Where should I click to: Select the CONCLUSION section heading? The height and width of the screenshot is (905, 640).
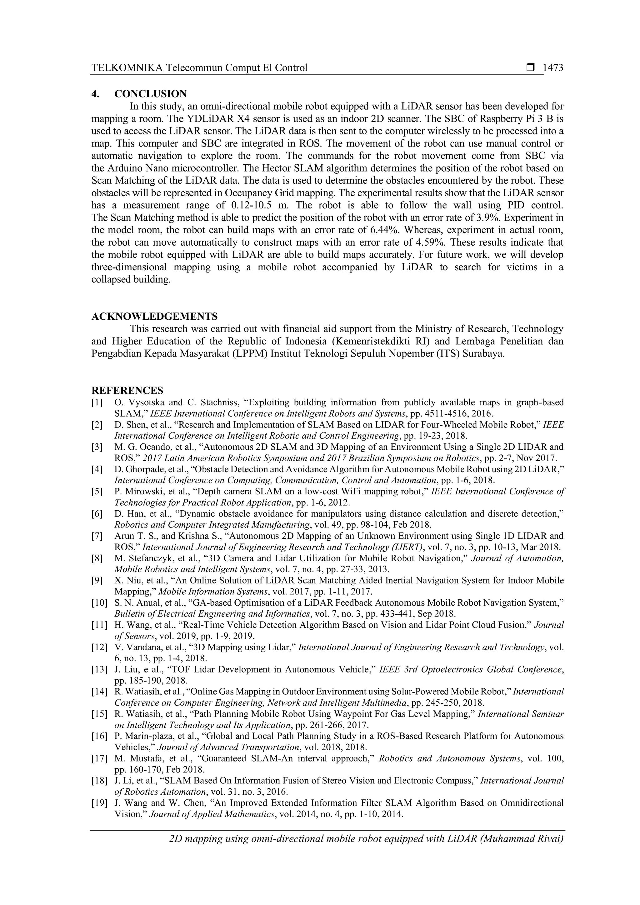pyautogui.click(x=151, y=94)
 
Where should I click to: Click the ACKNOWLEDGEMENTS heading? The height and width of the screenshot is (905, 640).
pyautogui.click(x=154, y=316)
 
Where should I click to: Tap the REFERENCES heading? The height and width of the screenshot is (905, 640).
pyautogui.click(x=127, y=390)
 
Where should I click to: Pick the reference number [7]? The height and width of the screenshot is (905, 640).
pyautogui.click(x=97, y=536)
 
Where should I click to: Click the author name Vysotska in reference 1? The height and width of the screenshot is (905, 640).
pyautogui.click(x=143, y=402)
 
